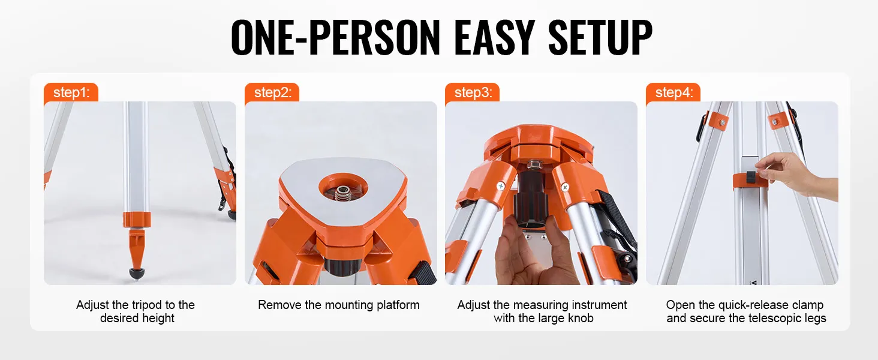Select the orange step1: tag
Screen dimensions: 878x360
(71, 92)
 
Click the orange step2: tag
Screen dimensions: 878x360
(272, 92)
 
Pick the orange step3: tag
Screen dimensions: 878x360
(473, 92)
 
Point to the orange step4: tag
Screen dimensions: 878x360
(673, 92)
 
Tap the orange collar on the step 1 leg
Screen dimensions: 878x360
(137, 220)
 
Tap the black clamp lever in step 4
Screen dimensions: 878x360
(750, 178)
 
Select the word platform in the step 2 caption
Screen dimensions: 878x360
(398, 305)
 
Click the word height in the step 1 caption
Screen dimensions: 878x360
(158, 319)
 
